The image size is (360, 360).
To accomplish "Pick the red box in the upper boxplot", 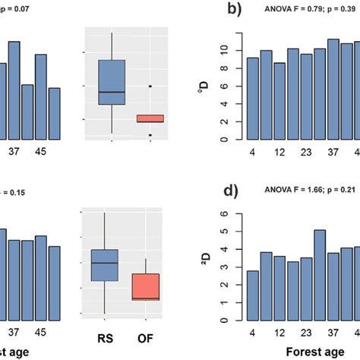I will pos(150,118).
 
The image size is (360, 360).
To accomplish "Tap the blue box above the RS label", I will pos(105,265).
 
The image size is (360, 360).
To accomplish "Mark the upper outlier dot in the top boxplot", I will pos(150,87).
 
